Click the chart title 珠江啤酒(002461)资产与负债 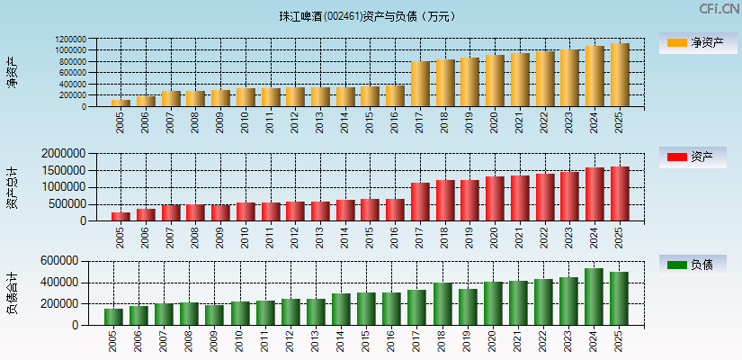[367, 16]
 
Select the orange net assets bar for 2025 [620, 75]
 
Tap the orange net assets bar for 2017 [420, 84]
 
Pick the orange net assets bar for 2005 [121, 103]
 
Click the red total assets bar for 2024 [594, 193]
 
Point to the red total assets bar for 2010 [246, 211]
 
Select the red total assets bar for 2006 [146, 214]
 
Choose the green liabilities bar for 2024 [594, 296]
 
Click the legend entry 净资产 [693, 42]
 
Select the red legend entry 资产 [693, 157]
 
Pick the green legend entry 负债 [693, 265]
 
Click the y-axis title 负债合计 [12, 292]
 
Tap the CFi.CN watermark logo [719, 9]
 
